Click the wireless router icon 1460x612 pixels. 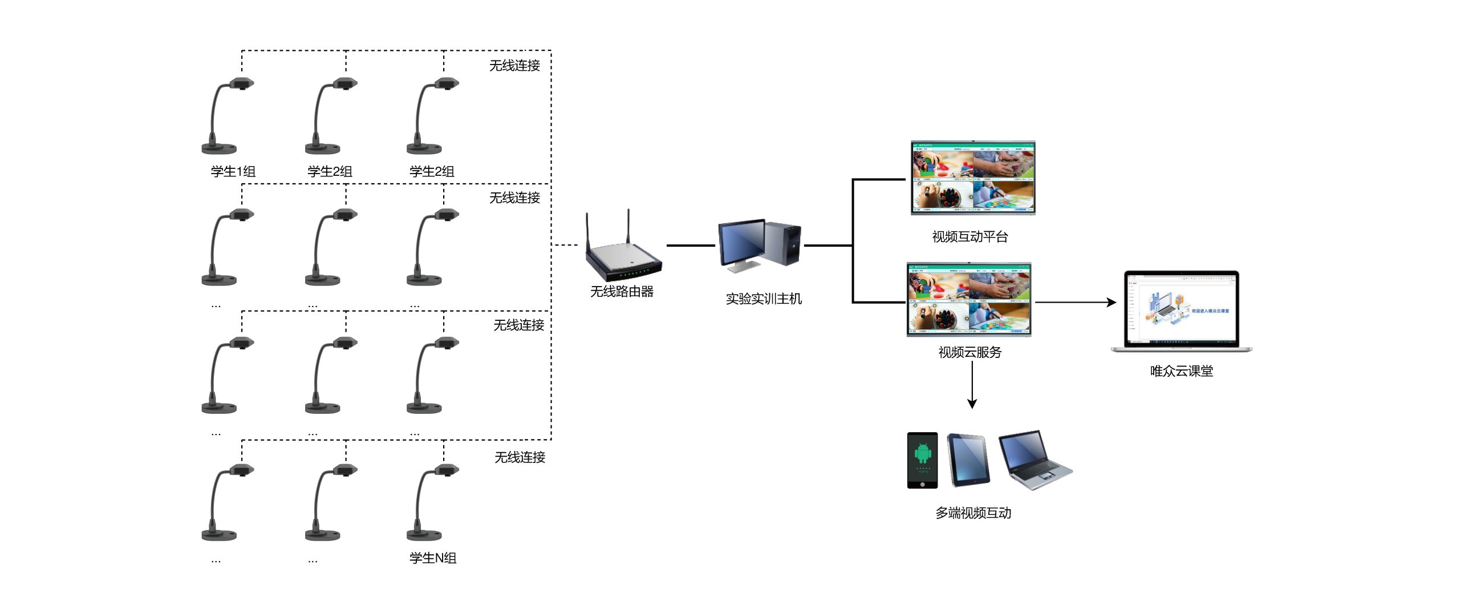[623, 251]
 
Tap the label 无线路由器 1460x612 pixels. [622, 292]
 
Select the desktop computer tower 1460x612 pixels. [782, 244]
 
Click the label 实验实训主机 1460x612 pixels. [764, 299]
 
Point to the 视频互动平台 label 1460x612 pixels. [970, 237]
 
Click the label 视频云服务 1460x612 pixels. [970, 352]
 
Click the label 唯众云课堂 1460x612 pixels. [1181, 371]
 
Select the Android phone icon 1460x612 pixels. [922, 460]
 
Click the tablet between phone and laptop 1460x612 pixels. [968, 460]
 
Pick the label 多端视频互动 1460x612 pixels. [973, 513]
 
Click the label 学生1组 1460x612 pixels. [233, 171]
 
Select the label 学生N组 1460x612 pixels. [433, 558]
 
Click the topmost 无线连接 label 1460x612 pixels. [514, 66]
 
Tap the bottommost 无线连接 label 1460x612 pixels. [520, 457]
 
